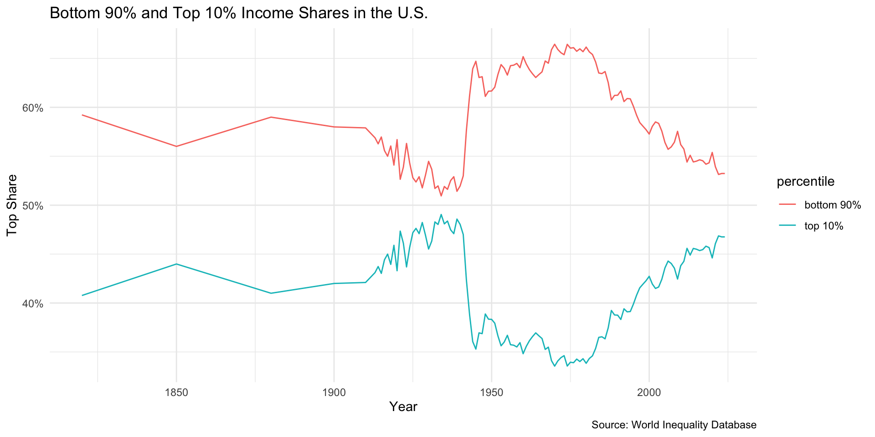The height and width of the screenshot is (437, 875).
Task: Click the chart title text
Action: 238,13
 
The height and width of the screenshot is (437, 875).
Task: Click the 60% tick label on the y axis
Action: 33,108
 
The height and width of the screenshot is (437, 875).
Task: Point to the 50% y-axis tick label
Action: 33,206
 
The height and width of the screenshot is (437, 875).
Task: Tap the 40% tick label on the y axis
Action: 33,304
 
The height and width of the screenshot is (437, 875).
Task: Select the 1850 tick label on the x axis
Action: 176,392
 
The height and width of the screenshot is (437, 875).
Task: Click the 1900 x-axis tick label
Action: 334,392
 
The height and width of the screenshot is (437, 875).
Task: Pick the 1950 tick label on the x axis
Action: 491,392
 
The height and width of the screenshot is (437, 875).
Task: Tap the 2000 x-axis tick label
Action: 649,392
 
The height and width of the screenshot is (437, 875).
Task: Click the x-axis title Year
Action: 403,407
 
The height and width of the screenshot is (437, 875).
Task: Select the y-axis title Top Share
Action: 12,205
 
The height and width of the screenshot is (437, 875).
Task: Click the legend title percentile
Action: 805,182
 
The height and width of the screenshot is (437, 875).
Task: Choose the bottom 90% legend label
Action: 833,205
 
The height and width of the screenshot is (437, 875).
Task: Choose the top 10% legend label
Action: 824,226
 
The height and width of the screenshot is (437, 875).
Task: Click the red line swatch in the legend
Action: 787,205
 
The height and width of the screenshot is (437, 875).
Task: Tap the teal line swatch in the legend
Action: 787,226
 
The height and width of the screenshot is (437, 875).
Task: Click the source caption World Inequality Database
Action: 674,425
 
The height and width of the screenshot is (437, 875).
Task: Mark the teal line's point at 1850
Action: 176,264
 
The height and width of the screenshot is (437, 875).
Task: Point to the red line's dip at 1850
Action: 176,146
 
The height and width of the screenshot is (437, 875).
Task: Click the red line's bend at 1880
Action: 271,117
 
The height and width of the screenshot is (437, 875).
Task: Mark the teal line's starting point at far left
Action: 82,295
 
